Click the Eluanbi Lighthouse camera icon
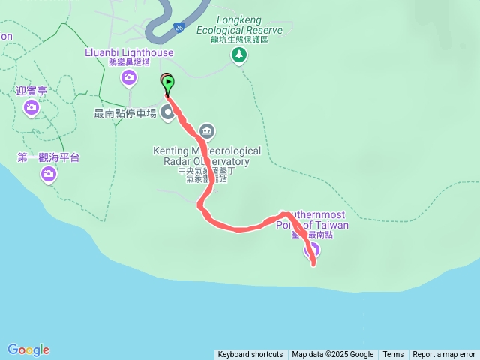130,77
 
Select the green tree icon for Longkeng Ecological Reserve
239,54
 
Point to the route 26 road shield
178,27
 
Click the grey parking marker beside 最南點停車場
167,114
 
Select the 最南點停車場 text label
124,113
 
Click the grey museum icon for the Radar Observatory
207,132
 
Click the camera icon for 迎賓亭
31,107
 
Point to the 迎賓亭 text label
31,90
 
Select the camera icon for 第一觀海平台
49,174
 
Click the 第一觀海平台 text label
48,157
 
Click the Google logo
28,349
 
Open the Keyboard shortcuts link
250,355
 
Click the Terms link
393,355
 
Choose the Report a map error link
444,355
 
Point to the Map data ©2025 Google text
333,355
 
